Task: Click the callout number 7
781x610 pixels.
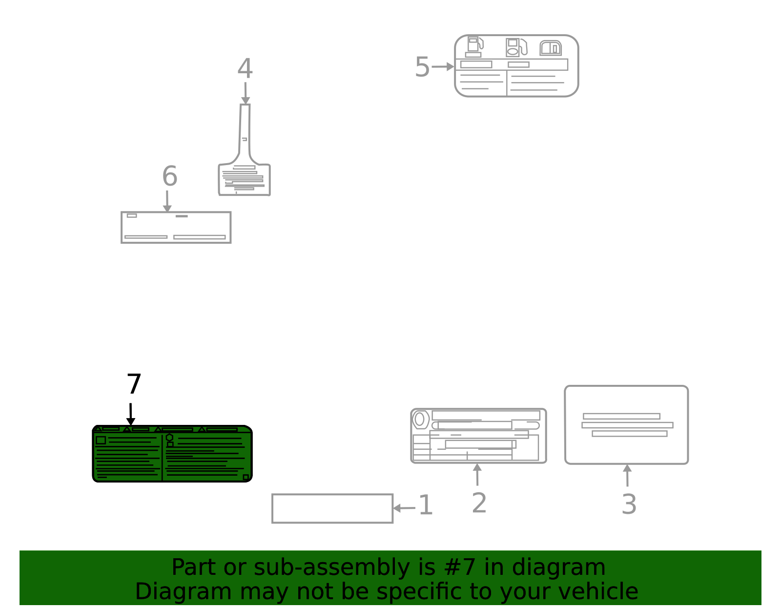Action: [x=134, y=384]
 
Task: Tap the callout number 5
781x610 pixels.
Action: [x=422, y=67]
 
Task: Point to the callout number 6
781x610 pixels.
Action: [x=170, y=176]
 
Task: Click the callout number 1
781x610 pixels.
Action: [x=426, y=505]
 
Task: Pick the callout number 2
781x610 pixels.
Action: [x=479, y=503]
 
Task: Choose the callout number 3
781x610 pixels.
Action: [x=629, y=505]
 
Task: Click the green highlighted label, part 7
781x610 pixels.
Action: [x=172, y=454]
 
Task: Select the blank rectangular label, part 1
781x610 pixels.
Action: [x=332, y=508]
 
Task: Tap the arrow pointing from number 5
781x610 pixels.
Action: [x=443, y=66]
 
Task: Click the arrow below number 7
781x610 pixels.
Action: [x=131, y=414]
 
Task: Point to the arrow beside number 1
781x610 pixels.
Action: [x=404, y=508]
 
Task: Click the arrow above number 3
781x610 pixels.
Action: [x=627, y=475]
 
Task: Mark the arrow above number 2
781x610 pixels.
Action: [x=477, y=475]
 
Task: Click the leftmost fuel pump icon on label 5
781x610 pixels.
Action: [x=474, y=47]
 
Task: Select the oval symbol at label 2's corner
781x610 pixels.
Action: [x=420, y=420]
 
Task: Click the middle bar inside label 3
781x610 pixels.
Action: [x=627, y=425]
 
